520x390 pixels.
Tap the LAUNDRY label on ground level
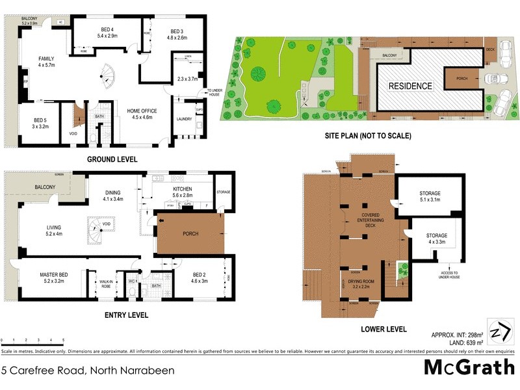[184, 119]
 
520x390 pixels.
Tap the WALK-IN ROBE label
[105, 283]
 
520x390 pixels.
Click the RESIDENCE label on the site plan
[410, 86]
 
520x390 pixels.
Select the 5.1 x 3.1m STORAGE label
[430, 197]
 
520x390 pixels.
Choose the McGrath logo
[469, 367]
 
